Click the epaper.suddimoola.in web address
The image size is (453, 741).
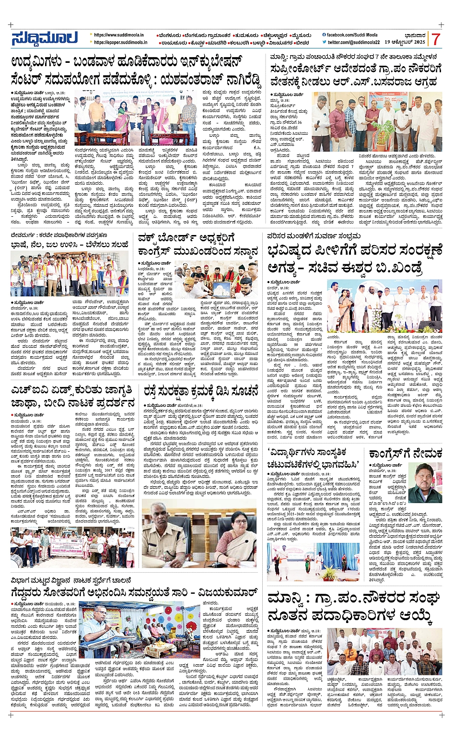coord(121,42)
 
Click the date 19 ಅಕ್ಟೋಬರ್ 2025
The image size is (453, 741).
coord(405,42)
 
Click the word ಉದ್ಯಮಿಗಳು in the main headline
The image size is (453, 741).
coord(41,63)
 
